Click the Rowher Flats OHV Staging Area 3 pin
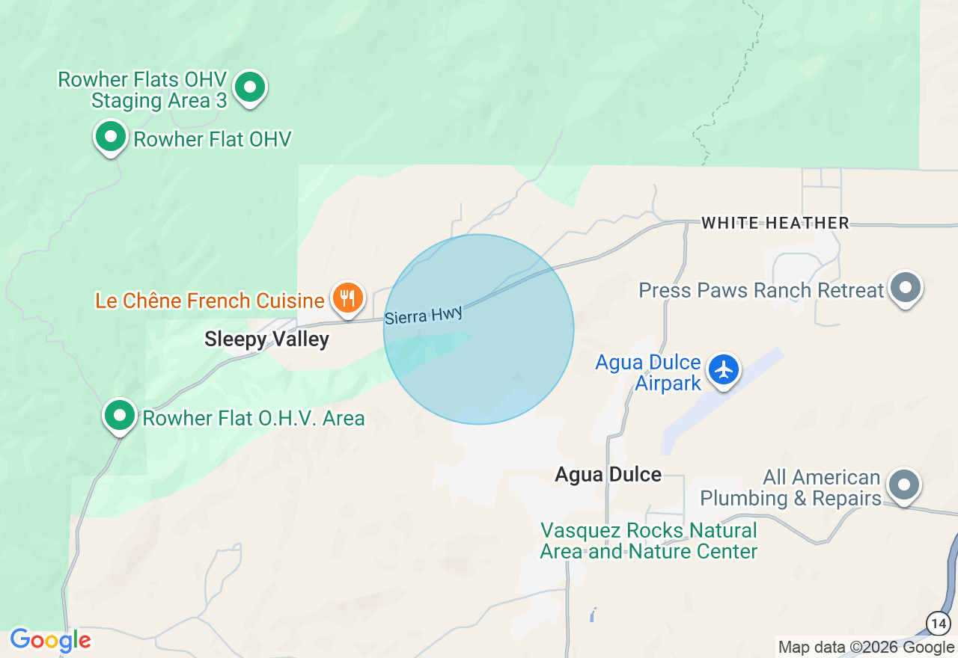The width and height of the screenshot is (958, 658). click(250, 88)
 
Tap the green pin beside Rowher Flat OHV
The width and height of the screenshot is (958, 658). click(111, 138)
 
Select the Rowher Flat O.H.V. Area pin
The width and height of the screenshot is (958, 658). click(119, 415)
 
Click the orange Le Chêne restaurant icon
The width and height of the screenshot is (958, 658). click(347, 299)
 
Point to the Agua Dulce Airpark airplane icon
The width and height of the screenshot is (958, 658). click(724, 369)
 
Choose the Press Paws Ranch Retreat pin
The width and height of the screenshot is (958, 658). click(905, 288)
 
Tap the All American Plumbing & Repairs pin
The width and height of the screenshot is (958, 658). click(903, 486)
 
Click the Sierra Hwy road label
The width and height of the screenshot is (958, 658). click(423, 315)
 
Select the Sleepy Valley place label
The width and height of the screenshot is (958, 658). click(266, 339)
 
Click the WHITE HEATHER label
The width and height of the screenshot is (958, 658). click(775, 223)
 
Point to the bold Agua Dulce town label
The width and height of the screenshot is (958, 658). click(608, 474)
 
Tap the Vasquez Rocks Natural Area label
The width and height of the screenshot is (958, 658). click(649, 541)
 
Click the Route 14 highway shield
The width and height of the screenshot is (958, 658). click(939, 622)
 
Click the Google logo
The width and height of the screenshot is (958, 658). click(50, 640)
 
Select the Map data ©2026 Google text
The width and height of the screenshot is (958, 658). click(866, 648)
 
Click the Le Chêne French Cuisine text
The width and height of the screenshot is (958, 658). click(210, 301)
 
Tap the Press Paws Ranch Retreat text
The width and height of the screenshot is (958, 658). click(761, 290)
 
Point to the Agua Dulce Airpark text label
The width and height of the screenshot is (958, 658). click(648, 373)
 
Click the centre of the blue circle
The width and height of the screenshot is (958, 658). click(478, 329)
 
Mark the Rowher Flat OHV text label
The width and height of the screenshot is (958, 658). click(212, 139)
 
